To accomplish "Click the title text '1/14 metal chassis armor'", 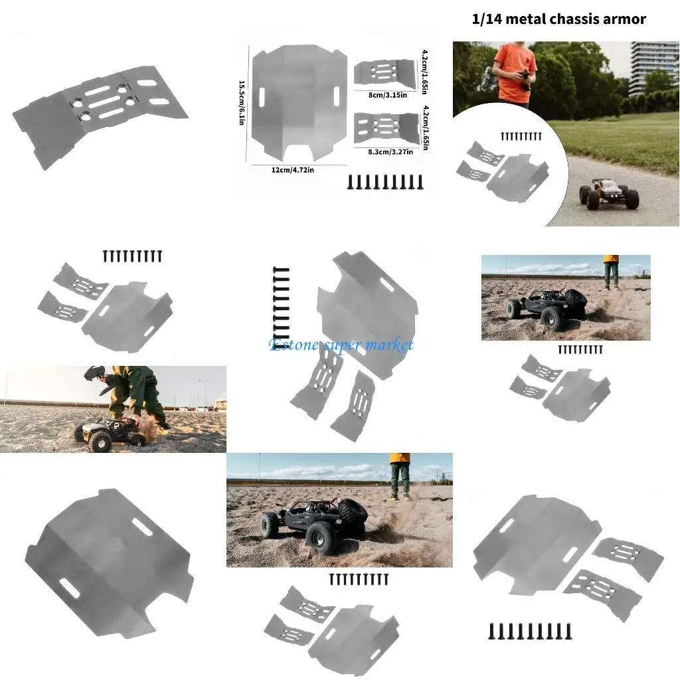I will [x=558, y=19].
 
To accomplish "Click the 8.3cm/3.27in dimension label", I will [x=390, y=151].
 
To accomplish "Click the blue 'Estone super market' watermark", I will [x=341, y=345].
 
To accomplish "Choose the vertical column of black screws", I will [x=281, y=302].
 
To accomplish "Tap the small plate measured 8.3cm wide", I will [x=386, y=127].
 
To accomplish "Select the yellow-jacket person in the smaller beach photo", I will [x=611, y=272].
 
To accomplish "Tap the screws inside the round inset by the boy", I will [x=521, y=137].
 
